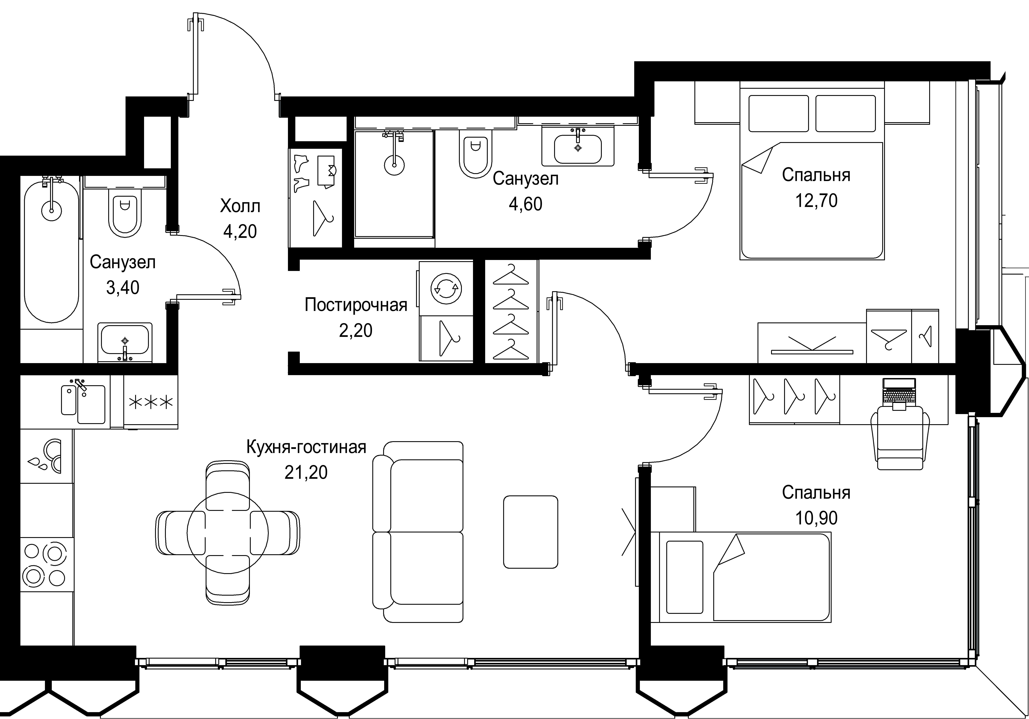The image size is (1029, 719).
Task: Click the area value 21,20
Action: [x=306, y=472]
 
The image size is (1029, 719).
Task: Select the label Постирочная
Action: [x=356, y=305]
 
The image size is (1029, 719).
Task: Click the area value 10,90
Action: [x=816, y=518]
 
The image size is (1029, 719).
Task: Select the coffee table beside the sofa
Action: [x=531, y=532]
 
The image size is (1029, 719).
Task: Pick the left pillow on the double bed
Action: [x=778, y=113]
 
